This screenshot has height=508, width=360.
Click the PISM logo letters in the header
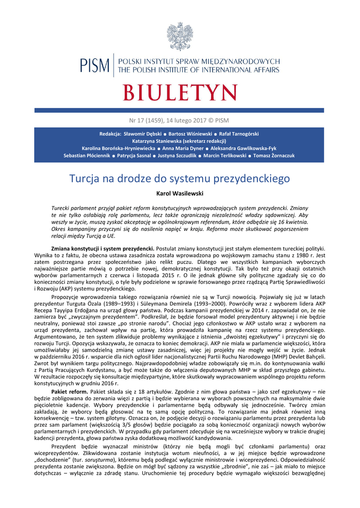(x=95, y=65)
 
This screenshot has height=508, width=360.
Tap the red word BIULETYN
(x=180, y=93)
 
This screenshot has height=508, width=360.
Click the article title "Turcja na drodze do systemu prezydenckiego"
(x=179, y=178)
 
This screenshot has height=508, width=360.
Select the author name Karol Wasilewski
(x=179, y=192)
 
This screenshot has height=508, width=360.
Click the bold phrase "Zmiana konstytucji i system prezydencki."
(x=102, y=248)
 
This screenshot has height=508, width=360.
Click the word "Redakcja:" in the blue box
(x=110, y=134)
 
